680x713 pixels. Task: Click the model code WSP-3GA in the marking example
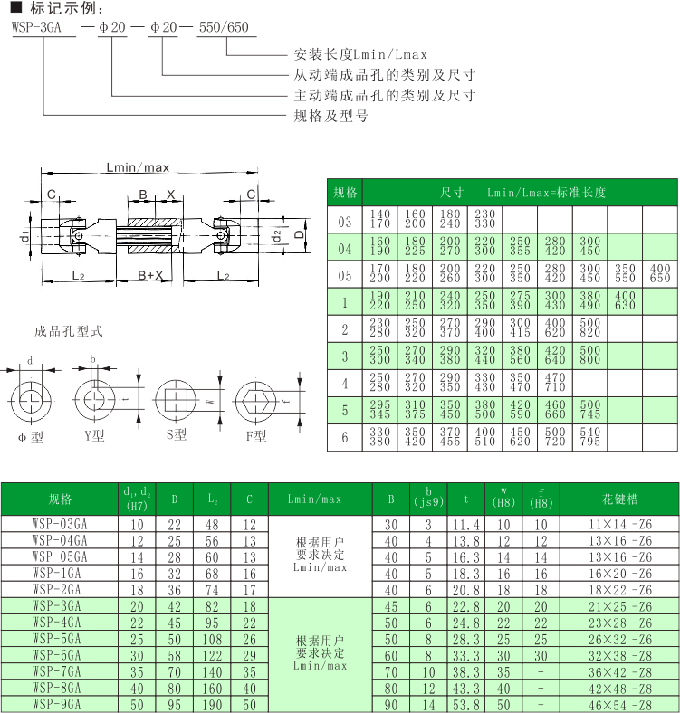36,27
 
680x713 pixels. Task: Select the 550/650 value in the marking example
224,27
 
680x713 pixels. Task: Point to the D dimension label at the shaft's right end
299,235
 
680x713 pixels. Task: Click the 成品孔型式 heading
69,331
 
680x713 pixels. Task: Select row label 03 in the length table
345,221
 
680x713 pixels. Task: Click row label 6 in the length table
345,437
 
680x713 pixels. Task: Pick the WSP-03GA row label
60,524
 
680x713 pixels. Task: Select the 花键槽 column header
620,499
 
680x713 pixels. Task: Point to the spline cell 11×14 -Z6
620,524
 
